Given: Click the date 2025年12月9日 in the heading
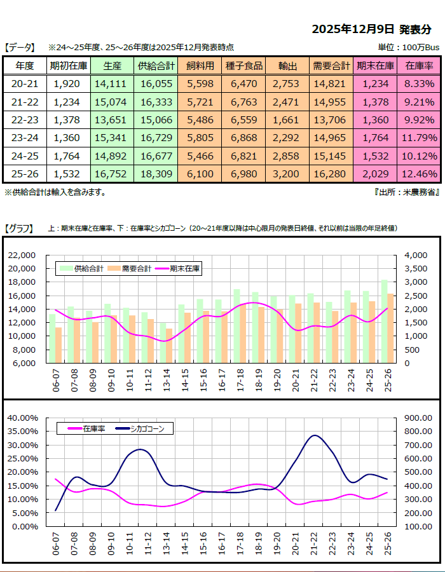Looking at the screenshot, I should [x=353, y=29].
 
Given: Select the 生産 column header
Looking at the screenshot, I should [x=112, y=65].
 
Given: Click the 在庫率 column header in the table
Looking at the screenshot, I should [x=419, y=65].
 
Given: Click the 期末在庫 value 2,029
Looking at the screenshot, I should [x=375, y=174].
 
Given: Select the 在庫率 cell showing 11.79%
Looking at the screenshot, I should [x=419, y=137].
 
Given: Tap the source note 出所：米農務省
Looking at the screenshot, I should [x=407, y=191].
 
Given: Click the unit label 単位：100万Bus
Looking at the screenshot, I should [x=409, y=47].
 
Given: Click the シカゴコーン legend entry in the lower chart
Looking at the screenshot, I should [x=147, y=429].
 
